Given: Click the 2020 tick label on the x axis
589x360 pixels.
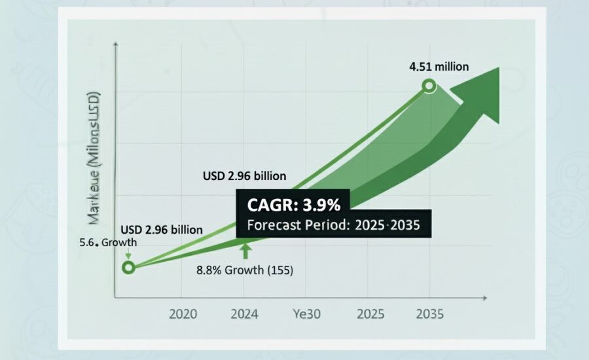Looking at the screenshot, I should [183, 314].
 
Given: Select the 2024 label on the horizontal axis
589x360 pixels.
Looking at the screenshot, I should [244, 314].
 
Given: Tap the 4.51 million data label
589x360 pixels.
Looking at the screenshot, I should [438, 67].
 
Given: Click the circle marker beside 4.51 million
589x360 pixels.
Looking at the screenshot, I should [429, 85].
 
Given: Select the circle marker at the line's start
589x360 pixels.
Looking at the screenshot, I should [128, 267].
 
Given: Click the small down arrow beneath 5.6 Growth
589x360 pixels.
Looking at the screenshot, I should [127, 255].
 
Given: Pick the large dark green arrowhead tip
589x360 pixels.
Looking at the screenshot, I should [499, 68].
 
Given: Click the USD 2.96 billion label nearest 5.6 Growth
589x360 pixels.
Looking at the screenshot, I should [161, 230].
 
